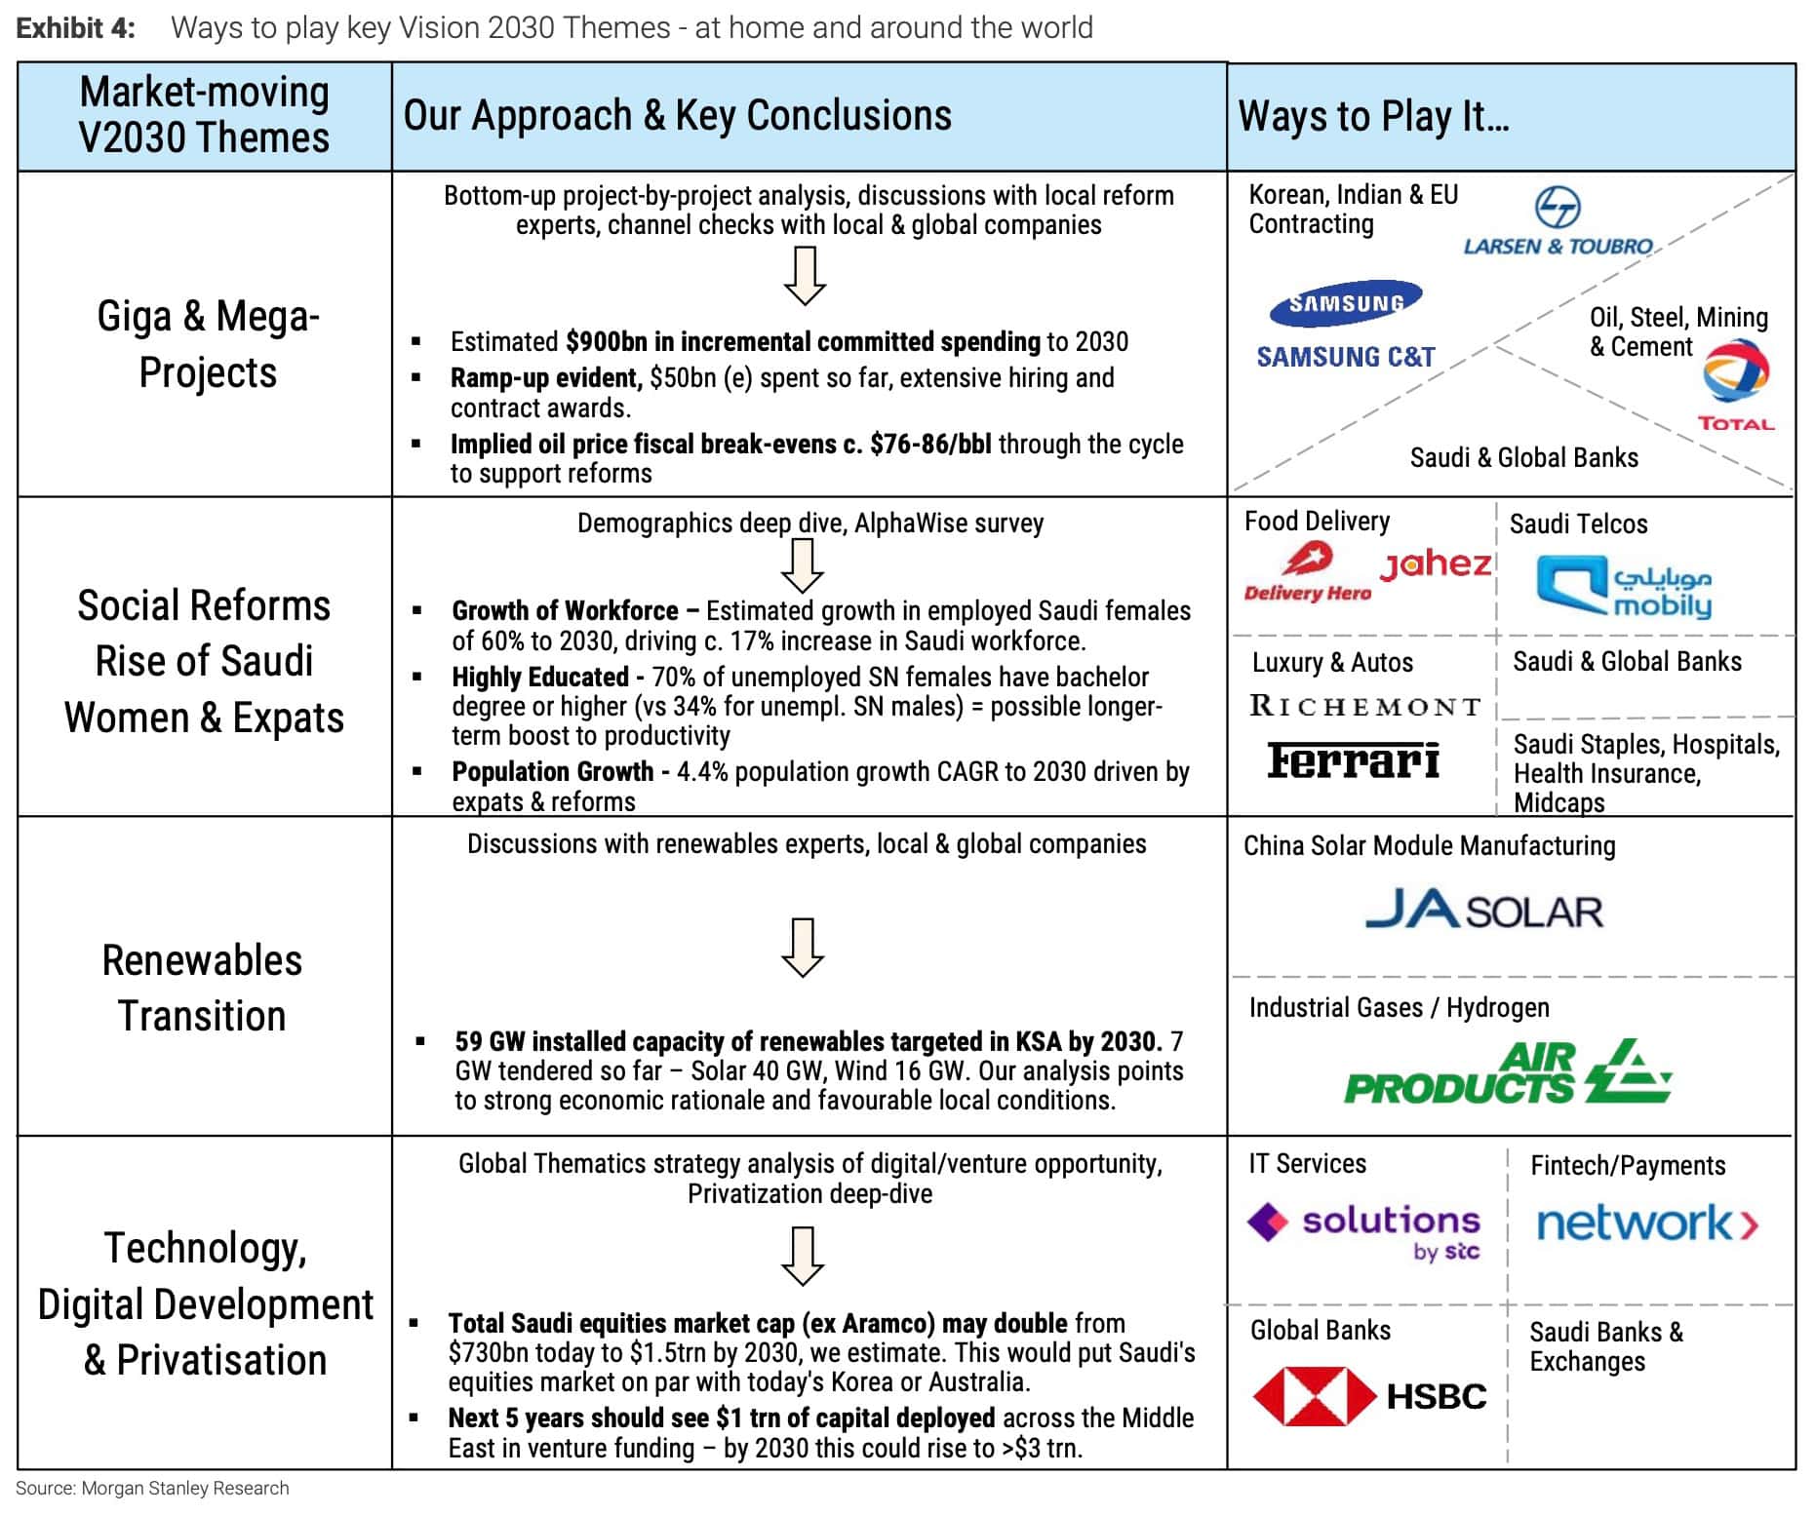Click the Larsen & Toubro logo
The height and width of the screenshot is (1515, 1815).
tap(1558, 222)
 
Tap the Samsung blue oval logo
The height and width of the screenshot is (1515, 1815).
tap(1346, 303)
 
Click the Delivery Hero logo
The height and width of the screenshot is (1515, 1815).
tap(1307, 572)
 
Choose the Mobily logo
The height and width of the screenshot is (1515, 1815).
tap(1624, 586)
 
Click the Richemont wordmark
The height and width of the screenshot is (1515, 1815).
tap(1365, 706)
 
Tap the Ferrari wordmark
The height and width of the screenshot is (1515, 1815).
tap(1354, 760)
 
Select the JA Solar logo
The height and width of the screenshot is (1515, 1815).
tap(1483, 911)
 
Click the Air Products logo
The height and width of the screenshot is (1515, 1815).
tap(1508, 1072)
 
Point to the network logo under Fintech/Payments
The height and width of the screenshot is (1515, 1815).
tap(1647, 1223)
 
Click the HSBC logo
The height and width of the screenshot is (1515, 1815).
tap(1369, 1396)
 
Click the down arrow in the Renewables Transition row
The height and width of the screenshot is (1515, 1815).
tap(803, 947)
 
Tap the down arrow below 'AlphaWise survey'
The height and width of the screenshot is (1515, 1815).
tap(804, 565)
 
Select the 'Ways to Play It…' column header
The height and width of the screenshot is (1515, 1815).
tap(1373, 116)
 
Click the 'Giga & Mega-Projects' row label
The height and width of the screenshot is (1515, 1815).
tap(208, 344)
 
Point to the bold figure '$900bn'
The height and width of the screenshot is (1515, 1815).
tap(607, 341)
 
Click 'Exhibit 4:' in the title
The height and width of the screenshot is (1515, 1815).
tap(76, 27)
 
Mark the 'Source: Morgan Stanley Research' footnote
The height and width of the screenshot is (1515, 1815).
tap(152, 1489)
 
